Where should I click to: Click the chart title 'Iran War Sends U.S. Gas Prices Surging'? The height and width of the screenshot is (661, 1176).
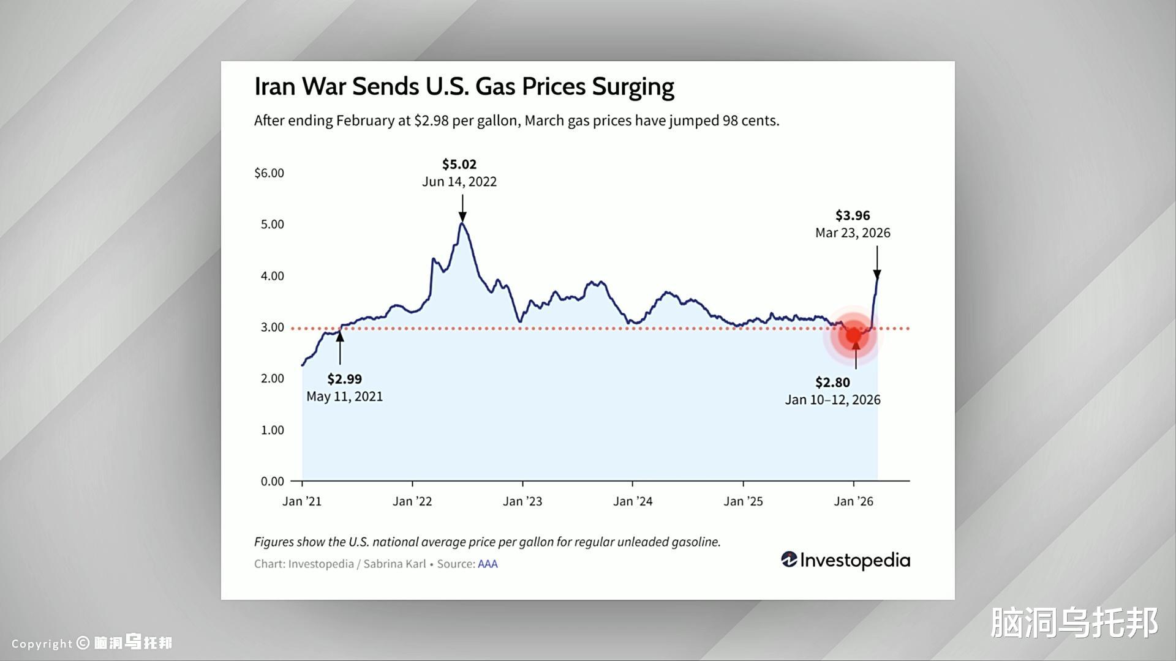tap(464, 87)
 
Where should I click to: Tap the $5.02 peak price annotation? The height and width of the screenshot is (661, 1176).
tap(459, 165)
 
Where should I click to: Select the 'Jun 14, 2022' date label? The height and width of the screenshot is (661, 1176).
tap(459, 182)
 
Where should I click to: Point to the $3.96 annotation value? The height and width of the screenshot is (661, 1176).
tap(853, 215)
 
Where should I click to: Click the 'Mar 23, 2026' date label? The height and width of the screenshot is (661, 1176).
tap(853, 233)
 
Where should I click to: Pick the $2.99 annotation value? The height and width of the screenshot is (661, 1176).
tap(344, 379)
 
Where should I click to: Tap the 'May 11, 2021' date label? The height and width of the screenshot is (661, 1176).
tap(344, 397)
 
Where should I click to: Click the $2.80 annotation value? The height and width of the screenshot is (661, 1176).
tap(832, 383)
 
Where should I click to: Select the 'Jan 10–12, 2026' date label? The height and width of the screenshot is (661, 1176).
tap(832, 400)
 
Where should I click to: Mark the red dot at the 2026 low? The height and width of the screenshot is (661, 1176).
tap(853, 335)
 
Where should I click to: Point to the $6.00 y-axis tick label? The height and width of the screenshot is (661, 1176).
tap(269, 173)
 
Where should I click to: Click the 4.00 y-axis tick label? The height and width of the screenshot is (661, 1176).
tap(273, 276)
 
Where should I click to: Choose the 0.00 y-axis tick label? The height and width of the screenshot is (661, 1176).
tap(273, 482)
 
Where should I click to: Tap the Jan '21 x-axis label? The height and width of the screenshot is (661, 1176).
tap(302, 502)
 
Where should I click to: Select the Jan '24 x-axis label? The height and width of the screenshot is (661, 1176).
tap(633, 502)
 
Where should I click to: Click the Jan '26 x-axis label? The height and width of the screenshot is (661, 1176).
tap(853, 502)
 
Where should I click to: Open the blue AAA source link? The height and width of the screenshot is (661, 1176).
tap(488, 564)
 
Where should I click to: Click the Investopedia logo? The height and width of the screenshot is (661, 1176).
tap(845, 560)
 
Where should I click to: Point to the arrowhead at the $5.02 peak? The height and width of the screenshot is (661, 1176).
tap(462, 217)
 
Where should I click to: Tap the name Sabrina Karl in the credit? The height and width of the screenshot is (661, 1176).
tap(394, 564)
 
